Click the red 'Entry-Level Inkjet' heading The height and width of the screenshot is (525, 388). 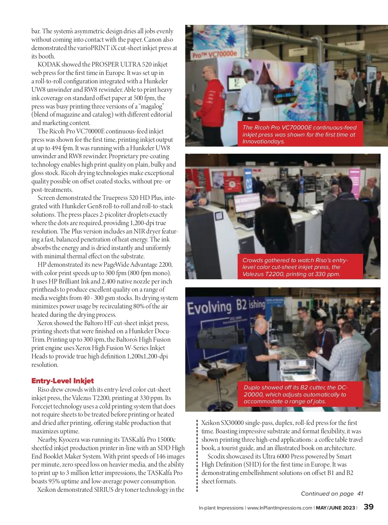[x=62, y=381]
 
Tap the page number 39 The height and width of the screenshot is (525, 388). [x=369, y=507]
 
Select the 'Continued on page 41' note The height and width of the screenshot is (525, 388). [x=332, y=494]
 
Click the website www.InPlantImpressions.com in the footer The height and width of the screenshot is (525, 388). [x=280, y=508]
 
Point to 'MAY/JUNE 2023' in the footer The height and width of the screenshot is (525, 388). [x=335, y=508]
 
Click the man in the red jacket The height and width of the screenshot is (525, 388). [x=212, y=97]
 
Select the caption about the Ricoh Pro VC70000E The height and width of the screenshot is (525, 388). [x=300, y=134]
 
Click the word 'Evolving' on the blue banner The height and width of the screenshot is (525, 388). [x=209, y=308]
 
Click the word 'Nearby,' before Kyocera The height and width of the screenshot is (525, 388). [x=47, y=440]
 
